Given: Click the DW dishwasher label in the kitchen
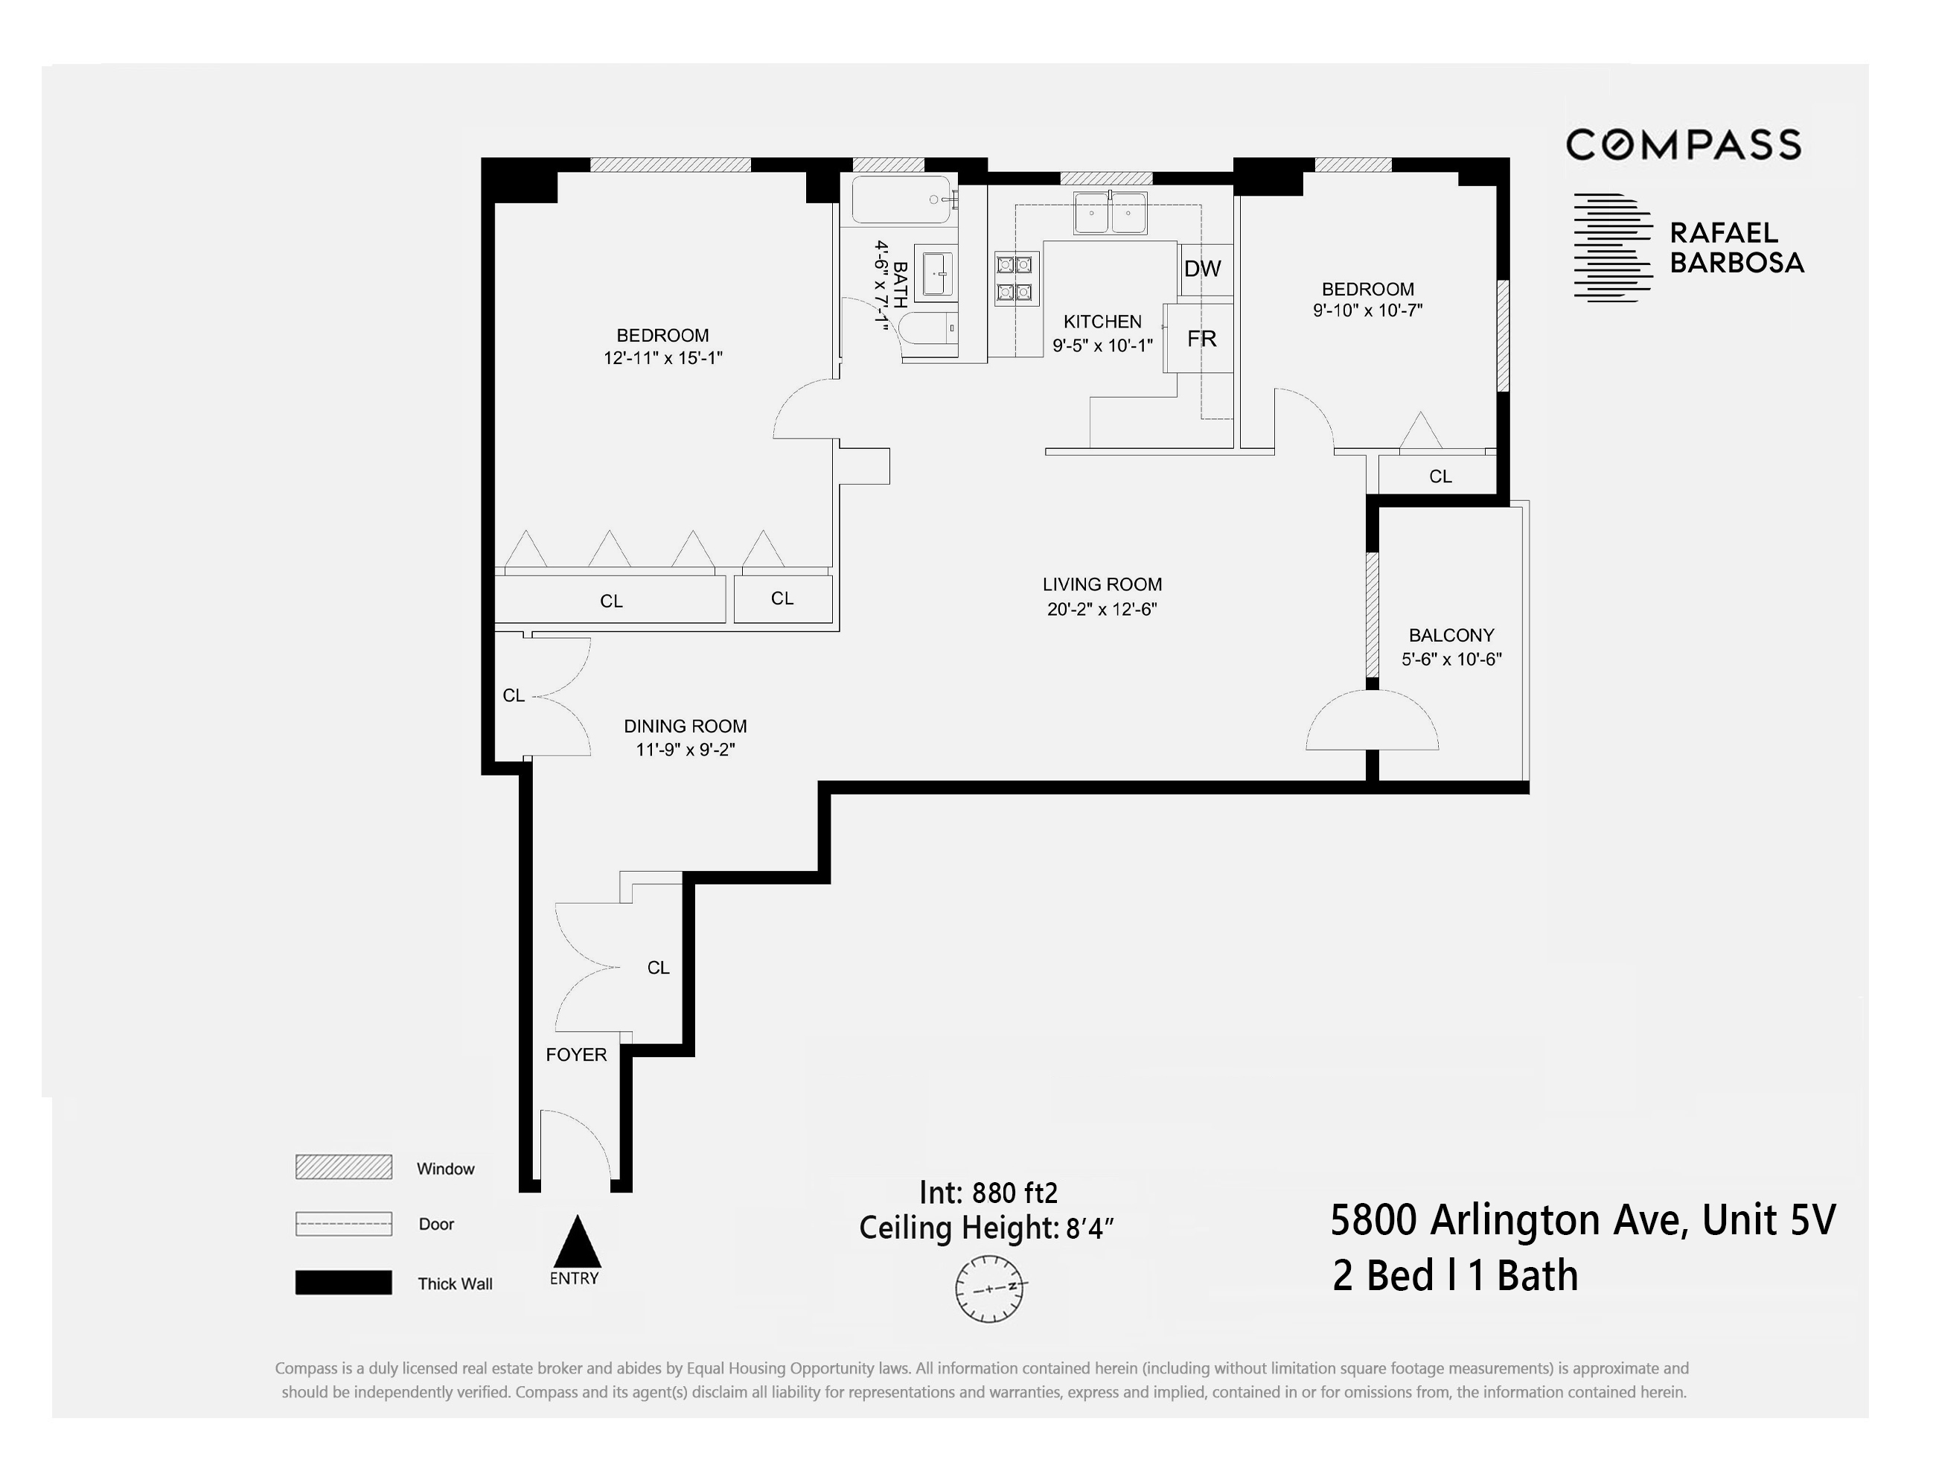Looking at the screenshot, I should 1202,269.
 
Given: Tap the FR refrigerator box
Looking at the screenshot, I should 1202,339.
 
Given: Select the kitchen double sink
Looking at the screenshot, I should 1110,213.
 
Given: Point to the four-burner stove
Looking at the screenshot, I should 1017,278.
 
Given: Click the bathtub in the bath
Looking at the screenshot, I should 901,200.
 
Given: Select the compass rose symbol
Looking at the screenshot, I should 989,1288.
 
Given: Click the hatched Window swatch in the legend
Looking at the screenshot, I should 343,1167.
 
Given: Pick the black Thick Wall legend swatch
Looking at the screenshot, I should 343,1283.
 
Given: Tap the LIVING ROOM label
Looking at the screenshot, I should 1102,585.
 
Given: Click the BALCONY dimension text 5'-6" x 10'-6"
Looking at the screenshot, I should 1451,660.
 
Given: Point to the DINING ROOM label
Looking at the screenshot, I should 685,726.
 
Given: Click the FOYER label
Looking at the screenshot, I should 576,1055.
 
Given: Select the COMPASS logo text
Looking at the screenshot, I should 1683,145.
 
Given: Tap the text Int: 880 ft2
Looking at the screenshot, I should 988,1193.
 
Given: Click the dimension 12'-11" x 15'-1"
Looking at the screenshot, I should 662,358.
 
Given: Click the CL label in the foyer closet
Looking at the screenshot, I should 658,968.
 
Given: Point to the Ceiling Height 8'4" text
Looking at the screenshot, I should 985,1228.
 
